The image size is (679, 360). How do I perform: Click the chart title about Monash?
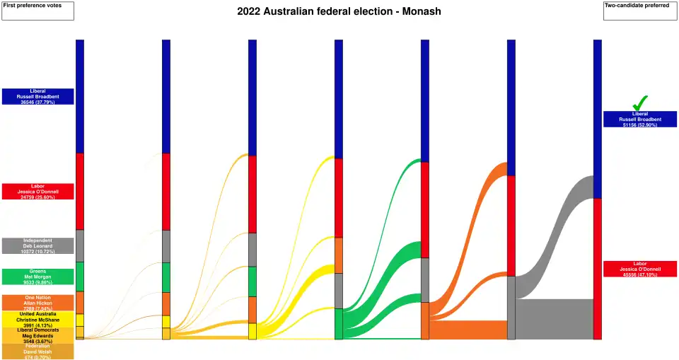coord(339,12)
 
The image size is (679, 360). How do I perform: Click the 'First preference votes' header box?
coord(37,11)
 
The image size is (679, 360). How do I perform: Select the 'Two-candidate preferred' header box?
coord(640,11)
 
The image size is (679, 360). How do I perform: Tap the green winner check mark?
coord(639,103)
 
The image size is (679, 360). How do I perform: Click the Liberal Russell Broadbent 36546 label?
coord(37,97)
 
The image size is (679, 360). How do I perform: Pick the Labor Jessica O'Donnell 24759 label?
coord(37,191)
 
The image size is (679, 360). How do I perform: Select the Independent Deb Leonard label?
coord(37,245)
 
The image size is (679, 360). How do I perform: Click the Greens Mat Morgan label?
coord(37,276)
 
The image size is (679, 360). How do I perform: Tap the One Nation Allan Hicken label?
coord(37,303)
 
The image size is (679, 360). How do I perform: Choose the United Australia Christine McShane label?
coord(37,320)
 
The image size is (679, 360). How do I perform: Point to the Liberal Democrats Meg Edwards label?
coord(37,335)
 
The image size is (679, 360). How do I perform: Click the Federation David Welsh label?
coord(37,352)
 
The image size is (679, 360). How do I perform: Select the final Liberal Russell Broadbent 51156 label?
coord(639,119)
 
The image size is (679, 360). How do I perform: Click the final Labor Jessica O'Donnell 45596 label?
coord(639,269)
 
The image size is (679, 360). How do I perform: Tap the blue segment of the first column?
coord(80,95)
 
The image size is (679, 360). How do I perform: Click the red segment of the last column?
coord(598,269)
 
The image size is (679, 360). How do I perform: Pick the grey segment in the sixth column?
coord(511,308)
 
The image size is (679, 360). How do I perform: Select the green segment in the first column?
coord(80,277)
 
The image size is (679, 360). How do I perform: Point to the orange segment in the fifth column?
coord(425,320)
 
